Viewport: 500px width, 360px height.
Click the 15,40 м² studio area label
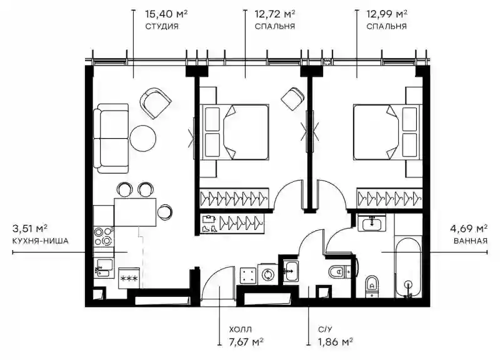pos(166,14)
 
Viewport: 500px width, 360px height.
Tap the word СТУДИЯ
pos(162,26)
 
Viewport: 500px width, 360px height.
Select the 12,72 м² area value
pos(274,14)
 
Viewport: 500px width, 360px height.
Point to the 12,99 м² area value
pos(386,14)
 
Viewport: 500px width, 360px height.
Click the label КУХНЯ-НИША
pos(41,241)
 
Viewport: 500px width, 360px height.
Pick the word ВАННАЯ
pos(471,241)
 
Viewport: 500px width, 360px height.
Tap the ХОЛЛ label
pos(240,329)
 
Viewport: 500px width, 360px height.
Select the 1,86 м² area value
pos(335,342)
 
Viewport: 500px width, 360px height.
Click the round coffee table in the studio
pos(143,138)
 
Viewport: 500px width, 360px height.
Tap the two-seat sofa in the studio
pos(111,138)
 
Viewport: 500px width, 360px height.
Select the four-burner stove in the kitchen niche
pos(103,236)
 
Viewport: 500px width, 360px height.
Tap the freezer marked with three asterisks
pos(129,278)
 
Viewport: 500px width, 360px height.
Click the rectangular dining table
pos(135,212)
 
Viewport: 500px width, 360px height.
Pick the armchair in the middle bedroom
pos(292,99)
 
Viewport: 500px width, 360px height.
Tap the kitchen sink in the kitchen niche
pos(104,268)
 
